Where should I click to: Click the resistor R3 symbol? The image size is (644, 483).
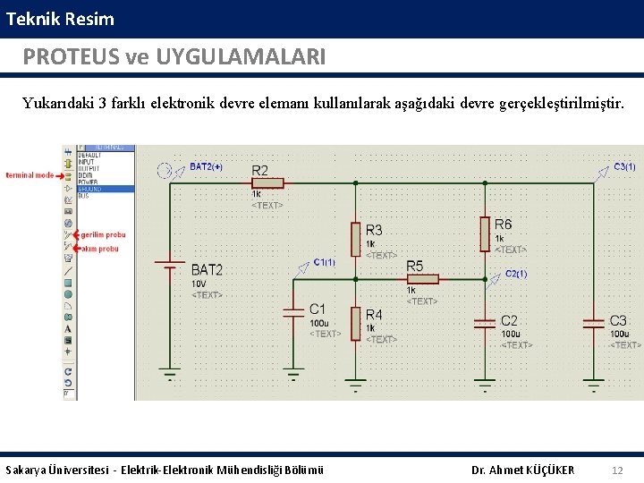(356, 239)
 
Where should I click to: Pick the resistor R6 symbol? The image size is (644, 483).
(485, 234)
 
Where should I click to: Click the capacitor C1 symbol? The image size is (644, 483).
(294, 312)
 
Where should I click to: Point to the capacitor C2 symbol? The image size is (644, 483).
(485, 322)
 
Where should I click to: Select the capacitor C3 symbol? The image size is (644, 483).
(593, 321)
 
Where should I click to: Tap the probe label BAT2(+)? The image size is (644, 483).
(206, 166)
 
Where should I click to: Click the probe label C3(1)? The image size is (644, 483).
(624, 166)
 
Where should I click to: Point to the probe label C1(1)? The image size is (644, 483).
(324, 262)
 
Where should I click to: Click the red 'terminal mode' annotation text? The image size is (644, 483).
(30, 175)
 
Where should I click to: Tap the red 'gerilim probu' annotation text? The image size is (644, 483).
(103, 234)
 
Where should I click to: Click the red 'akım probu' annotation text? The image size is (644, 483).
(100, 249)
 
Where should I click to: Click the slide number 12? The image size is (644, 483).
(617, 470)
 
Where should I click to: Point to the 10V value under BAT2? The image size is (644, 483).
(199, 284)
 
